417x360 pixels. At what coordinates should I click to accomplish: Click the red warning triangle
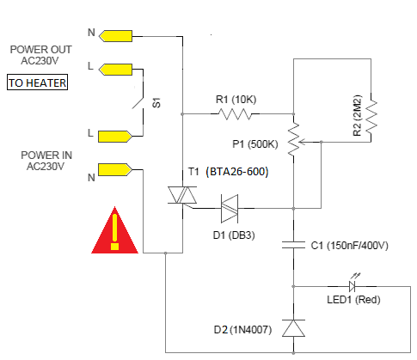pos(114,233)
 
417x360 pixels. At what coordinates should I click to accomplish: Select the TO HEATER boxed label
pos(37,83)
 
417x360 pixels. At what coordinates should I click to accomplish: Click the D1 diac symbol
pos(230,206)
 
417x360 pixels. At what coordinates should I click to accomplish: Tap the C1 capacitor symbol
pos(294,246)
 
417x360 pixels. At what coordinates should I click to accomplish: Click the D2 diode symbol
pos(294,329)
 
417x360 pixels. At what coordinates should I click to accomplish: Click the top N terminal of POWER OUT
pos(118,35)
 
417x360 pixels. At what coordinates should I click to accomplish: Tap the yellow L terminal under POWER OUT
pos(118,68)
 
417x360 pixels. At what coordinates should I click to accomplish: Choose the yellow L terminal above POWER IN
pos(115,136)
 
